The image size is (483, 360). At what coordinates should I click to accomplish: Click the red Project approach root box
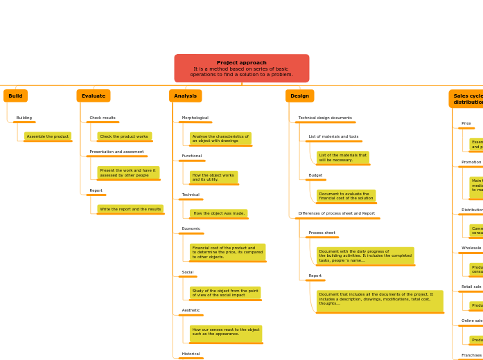(x=241, y=69)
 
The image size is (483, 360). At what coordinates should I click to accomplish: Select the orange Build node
(x=15, y=96)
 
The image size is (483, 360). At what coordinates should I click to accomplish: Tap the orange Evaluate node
(x=94, y=96)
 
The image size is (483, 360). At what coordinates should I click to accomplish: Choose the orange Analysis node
(x=185, y=96)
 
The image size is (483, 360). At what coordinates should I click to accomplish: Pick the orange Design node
(x=299, y=96)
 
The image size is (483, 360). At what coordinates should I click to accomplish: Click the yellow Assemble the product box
(x=48, y=136)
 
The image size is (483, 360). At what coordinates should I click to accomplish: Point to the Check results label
(x=103, y=118)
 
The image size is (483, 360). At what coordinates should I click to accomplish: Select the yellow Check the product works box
(x=124, y=136)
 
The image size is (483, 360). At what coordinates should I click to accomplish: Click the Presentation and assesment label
(x=116, y=152)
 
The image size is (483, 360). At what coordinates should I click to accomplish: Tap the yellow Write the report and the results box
(x=130, y=209)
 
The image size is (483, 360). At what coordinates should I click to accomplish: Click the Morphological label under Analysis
(x=195, y=118)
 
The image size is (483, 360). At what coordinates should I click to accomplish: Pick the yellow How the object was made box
(x=218, y=213)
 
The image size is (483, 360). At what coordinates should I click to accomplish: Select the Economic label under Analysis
(x=191, y=228)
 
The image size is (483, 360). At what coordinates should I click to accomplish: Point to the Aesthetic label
(x=191, y=310)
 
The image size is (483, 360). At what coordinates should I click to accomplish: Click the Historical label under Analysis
(x=191, y=354)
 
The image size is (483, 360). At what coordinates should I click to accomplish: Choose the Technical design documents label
(x=325, y=118)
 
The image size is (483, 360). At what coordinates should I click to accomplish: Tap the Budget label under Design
(x=315, y=175)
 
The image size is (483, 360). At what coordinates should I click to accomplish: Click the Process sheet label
(x=322, y=233)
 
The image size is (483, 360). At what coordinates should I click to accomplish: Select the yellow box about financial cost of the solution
(x=346, y=196)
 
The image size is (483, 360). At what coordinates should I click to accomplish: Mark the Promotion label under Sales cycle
(x=471, y=162)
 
